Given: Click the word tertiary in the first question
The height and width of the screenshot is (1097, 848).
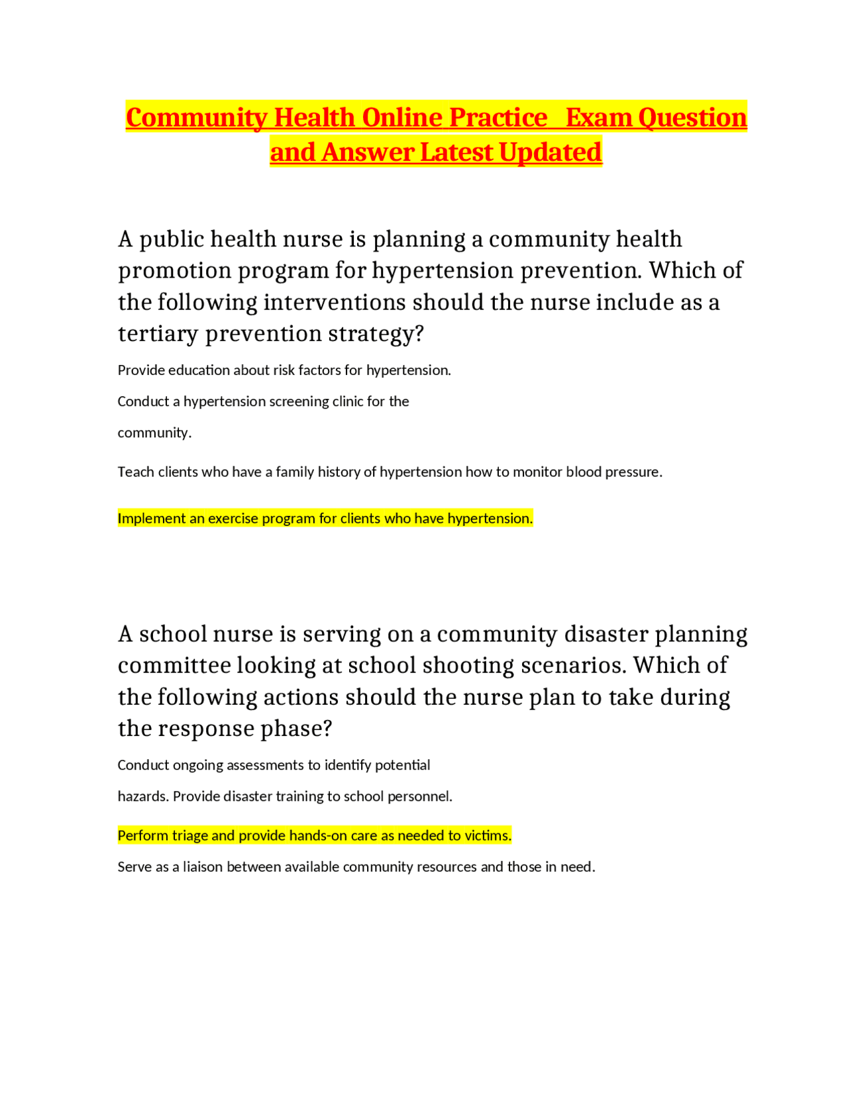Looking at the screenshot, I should [158, 333].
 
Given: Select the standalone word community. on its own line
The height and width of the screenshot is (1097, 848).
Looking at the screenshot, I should [154, 433].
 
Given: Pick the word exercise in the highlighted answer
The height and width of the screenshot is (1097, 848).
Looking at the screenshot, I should [233, 518].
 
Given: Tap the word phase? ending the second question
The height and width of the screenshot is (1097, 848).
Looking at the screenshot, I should [295, 729].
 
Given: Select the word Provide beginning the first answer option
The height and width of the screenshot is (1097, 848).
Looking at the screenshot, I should [141, 370].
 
